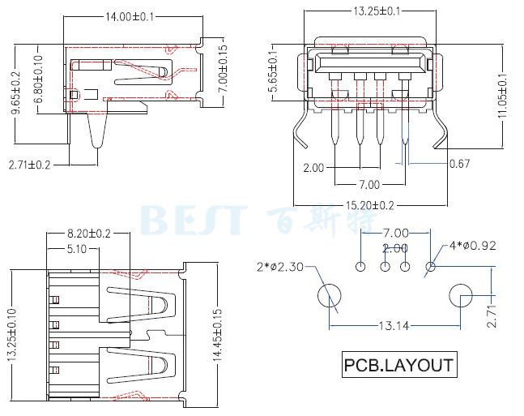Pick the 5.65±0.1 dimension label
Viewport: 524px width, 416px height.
pos(273,74)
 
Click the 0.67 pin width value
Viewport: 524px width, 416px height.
pos(459,165)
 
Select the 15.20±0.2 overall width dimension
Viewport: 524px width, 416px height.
pos(365,205)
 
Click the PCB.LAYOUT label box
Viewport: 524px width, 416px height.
pos(398,364)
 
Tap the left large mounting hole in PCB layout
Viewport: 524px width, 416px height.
pos(329,295)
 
